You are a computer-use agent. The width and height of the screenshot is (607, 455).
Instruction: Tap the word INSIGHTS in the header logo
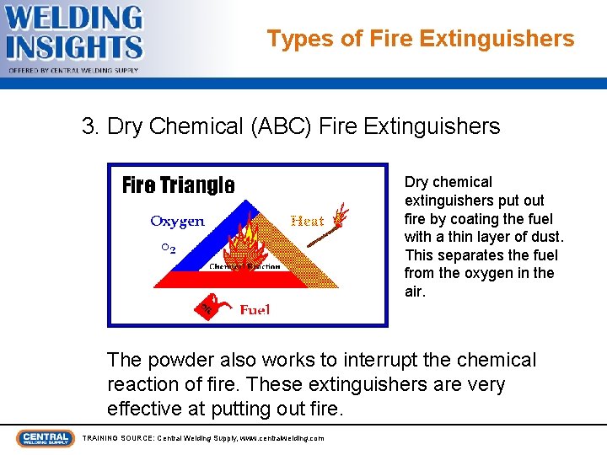(x=74, y=46)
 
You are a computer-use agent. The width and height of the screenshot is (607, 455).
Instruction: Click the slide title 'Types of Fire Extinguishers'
(x=421, y=39)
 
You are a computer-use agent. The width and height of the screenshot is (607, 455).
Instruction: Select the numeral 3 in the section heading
(x=88, y=127)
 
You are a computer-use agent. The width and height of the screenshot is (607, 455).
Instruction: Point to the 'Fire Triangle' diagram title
(x=178, y=185)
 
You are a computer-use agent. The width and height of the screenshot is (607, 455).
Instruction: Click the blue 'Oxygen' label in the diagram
(x=177, y=222)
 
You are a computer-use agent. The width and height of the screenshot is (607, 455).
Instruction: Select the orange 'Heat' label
(x=307, y=221)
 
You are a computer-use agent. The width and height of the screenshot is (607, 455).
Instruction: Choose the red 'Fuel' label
(x=255, y=310)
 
